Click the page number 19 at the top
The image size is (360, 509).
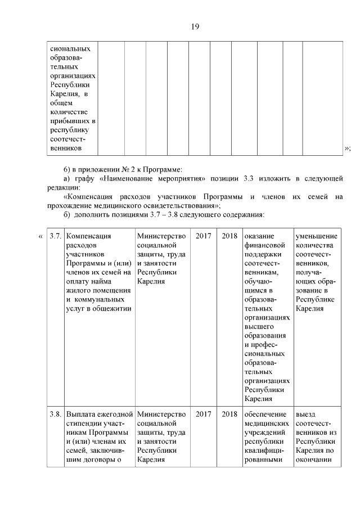[195, 26]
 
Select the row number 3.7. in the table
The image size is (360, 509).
[55, 236]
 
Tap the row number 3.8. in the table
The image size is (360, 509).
[55, 415]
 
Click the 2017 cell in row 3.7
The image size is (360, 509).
[203, 236]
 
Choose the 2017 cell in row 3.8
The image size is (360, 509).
[203, 415]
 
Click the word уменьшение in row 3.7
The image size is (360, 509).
[316, 236]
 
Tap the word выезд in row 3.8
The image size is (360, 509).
[306, 415]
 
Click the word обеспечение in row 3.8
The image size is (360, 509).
[265, 415]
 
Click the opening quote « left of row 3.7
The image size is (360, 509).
[40, 236]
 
